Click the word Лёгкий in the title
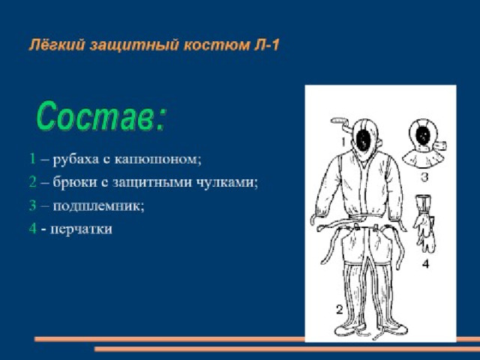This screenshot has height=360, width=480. (x=57, y=45)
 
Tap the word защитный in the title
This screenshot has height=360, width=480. (x=134, y=46)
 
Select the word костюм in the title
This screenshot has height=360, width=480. (x=217, y=46)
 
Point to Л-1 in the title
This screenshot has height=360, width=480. (x=267, y=45)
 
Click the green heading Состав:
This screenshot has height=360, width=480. (x=101, y=116)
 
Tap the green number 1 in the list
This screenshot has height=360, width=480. (x=32, y=158)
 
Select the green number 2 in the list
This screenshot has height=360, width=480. (x=33, y=181)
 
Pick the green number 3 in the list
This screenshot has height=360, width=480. (x=33, y=205)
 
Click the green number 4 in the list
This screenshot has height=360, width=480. (x=33, y=228)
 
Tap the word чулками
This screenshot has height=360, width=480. (x=226, y=182)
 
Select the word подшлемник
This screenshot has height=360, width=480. (x=98, y=205)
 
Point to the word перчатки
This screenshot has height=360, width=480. (x=82, y=229)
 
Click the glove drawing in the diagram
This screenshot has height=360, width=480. (x=424, y=223)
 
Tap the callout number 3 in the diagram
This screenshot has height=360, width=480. (x=424, y=177)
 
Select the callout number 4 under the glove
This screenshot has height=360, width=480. (x=426, y=263)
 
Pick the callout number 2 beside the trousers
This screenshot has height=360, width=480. (x=339, y=310)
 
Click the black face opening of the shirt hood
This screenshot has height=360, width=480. (x=364, y=141)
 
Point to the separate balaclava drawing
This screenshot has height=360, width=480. (x=423, y=144)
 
